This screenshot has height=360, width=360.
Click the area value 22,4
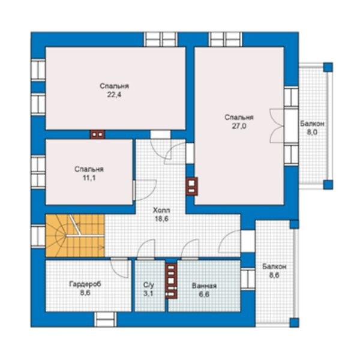(x=114, y=95)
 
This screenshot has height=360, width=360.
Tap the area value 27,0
(x=239, y=126)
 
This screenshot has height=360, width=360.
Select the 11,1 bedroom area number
(x=89, y=178)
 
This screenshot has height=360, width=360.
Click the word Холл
(x=161, y=210)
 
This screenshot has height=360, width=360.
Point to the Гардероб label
(x=85, y=284)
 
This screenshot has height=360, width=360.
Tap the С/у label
(x=149, y=285)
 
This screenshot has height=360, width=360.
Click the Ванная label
(x=204, y=286)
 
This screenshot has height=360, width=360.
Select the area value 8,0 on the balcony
(x=312, y=132)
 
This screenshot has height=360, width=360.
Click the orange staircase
(x=75, y=236)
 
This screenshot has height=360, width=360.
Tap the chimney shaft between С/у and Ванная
(x=171, y=281)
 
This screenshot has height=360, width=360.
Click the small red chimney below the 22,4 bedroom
(x=98, y=134)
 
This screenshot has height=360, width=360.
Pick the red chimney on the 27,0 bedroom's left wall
(x=192, y=187)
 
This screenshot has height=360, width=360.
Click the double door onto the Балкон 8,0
(x=277, y=126)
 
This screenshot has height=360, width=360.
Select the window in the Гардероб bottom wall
(x=106, y=319)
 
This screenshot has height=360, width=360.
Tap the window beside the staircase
(x=38, y=236)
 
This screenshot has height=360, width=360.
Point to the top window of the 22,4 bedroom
(x=161, y=39)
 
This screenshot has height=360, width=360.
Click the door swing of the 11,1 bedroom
(x=145, y=190)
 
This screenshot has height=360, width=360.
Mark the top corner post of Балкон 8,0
(x=328, y=67)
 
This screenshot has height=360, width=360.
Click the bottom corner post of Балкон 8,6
(x=294, y=322)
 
